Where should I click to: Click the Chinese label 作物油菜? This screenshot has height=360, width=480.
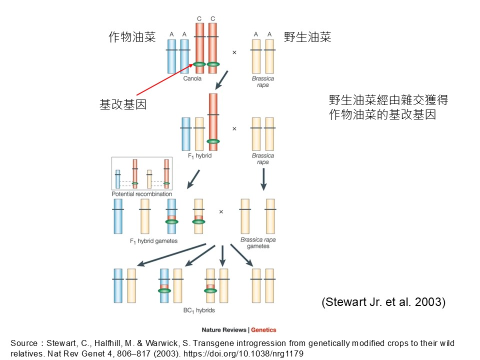[x=132, y=37]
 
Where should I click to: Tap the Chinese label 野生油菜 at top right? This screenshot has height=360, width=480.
[x=307, y=37]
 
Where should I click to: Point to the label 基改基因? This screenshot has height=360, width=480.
[x=123, y=104]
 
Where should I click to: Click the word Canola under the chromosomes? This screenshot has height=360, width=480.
[x=192, y=78]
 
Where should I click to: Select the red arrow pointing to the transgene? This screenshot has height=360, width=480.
[x=165, y=79]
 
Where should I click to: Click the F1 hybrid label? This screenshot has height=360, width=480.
[x=199, y=156]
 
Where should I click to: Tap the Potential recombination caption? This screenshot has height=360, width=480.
[x=141, y=194]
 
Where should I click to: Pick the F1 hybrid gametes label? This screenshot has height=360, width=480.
[x=153, y=241]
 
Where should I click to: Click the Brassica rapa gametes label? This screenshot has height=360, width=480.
[x=258, y=243]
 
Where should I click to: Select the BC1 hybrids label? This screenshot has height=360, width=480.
[x=199, y=310]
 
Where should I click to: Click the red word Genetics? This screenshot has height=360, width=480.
[x=263, y=329]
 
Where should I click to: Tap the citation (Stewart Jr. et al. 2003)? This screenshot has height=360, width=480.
[x=383, y=302]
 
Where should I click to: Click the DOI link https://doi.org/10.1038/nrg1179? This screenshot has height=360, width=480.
[x=243, y=353]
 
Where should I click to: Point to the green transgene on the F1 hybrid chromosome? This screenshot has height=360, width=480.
[x=213, y=141]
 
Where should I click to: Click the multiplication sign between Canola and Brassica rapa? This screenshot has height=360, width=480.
[x=234, y=52]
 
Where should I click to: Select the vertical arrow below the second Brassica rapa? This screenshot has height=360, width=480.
[x=263, y=179]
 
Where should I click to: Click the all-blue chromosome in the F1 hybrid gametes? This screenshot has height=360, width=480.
[x=118, y=216]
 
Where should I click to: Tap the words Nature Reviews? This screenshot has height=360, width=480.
[x=224, y=329]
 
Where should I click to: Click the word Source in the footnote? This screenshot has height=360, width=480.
[x=24, y=343]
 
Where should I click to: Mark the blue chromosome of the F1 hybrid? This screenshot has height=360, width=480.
[x=186, y=134]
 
